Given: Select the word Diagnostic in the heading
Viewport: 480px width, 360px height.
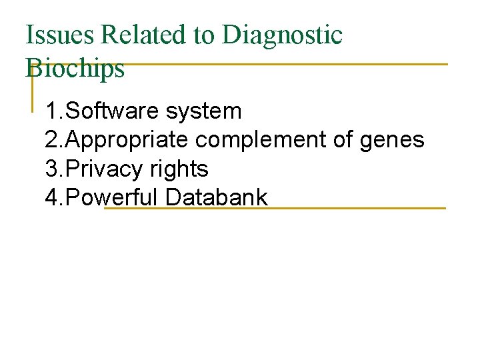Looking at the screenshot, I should (x=282, y=35).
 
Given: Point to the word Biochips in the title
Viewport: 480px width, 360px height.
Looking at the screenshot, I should (x=75, y=68).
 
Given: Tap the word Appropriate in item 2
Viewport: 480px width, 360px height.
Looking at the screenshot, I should (x=128, y=140).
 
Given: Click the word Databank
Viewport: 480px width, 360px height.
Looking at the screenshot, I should (x=217, y=198).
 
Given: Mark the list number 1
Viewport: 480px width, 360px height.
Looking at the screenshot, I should (x=51, y=111).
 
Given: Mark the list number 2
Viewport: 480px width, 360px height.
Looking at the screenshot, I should (x=51, y=140).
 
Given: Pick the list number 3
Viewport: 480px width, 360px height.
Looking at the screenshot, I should (x=51, y=169).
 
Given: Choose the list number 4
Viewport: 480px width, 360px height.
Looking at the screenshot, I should (x=51, y=198).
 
